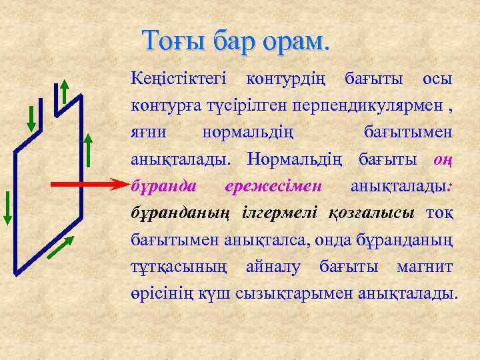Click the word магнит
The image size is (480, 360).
(424, 267)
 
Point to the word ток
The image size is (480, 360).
(439, 212)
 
